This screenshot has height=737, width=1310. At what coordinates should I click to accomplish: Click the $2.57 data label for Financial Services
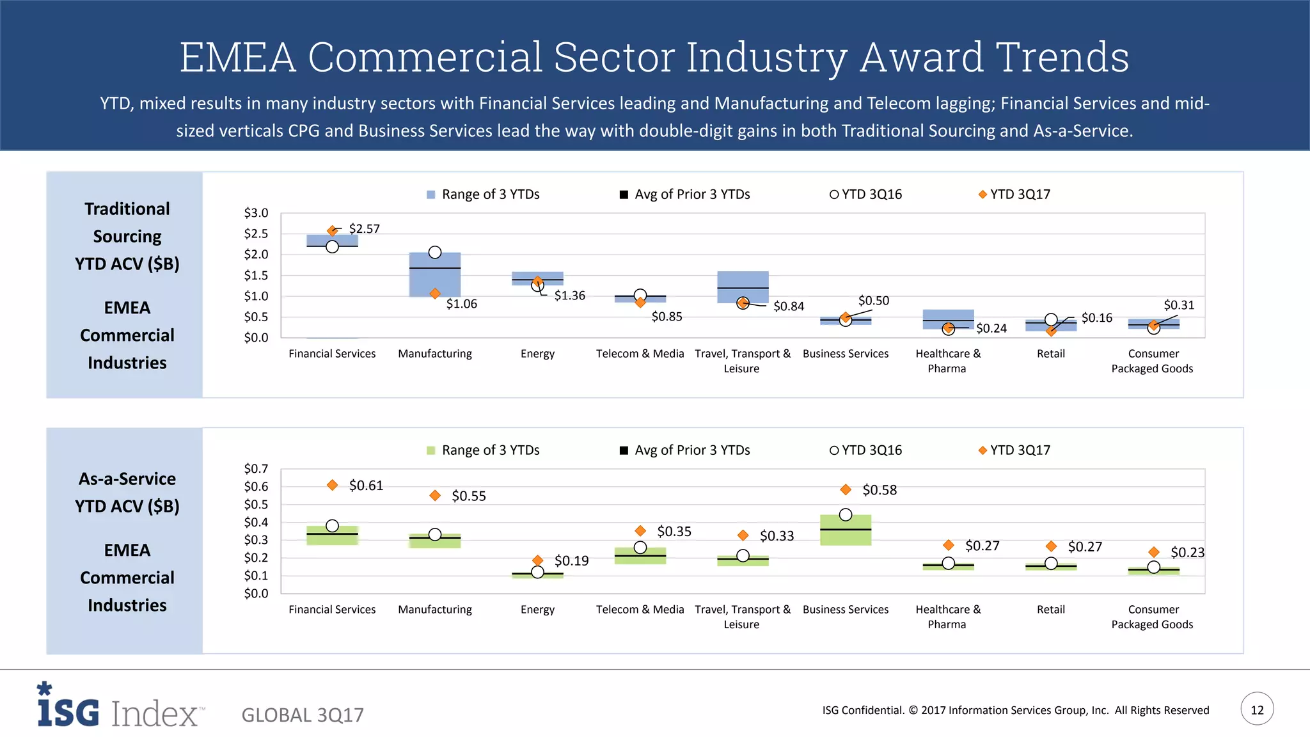[364, 228]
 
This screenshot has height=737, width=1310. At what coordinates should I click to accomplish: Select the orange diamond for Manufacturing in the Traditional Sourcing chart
[435, 294]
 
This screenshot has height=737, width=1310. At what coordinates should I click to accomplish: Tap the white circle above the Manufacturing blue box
[435, 252]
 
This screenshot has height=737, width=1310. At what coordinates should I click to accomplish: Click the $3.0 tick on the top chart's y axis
[256, 213]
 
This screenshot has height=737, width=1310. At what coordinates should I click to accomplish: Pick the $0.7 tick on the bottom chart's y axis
[256, 469]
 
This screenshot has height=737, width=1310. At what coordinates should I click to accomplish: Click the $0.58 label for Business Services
[880, 490]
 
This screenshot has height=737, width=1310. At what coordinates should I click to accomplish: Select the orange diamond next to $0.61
[332, 485]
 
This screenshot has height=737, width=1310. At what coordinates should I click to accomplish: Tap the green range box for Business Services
[845, 535]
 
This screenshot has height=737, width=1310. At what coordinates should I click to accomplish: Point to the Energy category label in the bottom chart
[537, 610]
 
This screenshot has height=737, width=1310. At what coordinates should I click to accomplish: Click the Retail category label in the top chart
[1050, 354]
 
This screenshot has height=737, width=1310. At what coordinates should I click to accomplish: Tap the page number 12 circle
[1257, 709]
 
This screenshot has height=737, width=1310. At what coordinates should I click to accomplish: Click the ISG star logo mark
[44, 688]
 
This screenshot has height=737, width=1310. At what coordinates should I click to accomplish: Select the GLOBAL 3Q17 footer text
[303, 715]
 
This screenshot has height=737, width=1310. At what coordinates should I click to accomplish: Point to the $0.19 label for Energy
[571, 561]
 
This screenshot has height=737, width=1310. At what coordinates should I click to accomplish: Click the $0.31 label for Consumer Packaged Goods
[1178, 305]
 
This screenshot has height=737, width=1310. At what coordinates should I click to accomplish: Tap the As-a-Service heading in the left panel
[127, 479]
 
